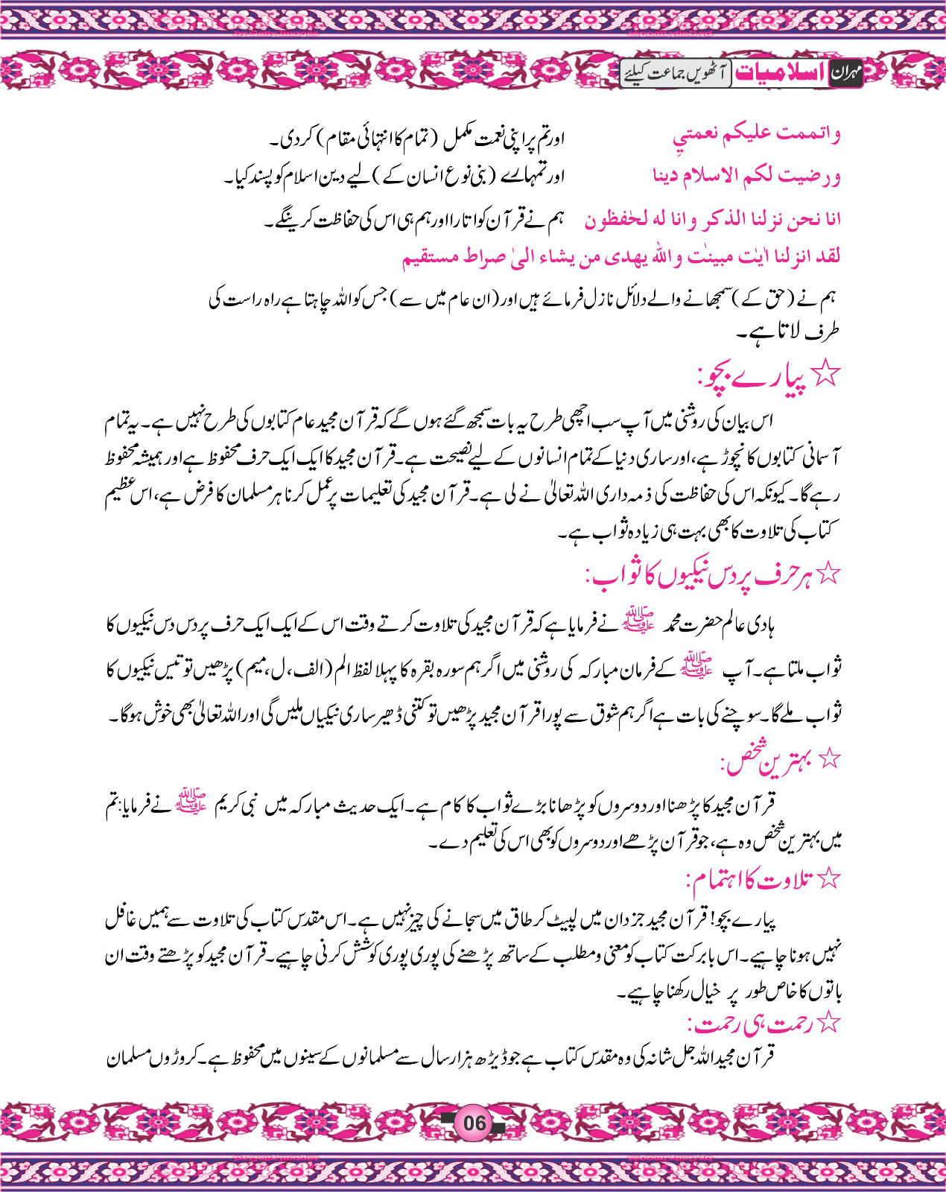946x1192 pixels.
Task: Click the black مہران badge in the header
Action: point(845,73)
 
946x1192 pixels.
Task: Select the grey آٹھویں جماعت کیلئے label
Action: point(676,73)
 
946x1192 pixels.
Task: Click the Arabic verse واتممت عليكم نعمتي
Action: point(756,135)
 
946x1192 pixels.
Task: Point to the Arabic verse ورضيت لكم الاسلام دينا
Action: point(746,176)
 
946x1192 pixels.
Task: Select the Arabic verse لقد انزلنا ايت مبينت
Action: point(621,257)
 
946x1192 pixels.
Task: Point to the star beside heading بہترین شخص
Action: point(829,759)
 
